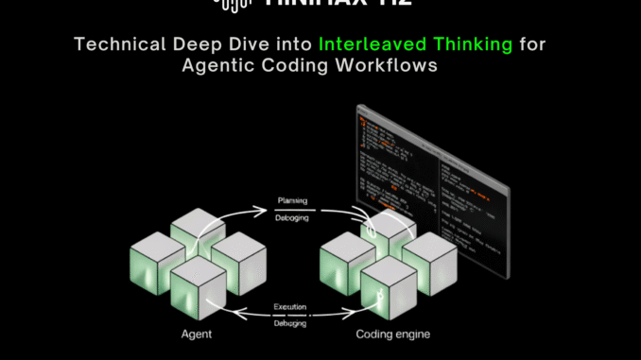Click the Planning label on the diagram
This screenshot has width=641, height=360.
pyautogui.click(x=289, y=201)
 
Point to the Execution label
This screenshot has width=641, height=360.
pyautogui.click(x=289, y=308)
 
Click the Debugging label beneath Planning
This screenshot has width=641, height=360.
pyautogui.click(x=289, y=216)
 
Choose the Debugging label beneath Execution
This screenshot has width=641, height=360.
pyautogui.click(x=289, y=323)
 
